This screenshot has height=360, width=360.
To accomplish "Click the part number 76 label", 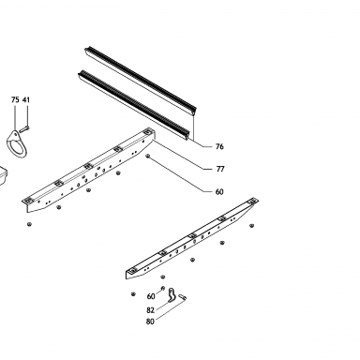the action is pos(219,146).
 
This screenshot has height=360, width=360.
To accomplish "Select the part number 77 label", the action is pos(220,169).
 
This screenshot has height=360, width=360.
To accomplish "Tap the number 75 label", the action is pos(15,99).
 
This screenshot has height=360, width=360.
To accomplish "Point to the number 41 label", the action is pos(26,99).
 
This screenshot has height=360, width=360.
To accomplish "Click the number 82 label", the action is pos(150,310).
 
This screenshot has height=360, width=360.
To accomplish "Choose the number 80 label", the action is pos(150,322).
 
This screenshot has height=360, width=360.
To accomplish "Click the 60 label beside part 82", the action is pos(151,296).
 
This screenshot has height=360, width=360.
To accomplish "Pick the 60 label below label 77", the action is pos(219,191).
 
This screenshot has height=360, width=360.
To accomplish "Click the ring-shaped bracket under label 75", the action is pos(16,144).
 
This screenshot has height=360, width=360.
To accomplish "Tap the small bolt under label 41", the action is pos(24,128).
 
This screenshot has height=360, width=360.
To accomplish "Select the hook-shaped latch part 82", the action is pos(171,295).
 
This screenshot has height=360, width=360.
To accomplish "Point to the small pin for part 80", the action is pos(182,297).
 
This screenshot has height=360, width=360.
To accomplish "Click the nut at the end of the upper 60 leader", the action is pos(148,156).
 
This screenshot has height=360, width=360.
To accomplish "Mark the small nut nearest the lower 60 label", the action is pos(162,288).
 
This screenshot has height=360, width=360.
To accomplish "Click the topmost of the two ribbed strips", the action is pos(141,80).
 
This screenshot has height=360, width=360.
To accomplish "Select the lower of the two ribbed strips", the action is pos(134,105).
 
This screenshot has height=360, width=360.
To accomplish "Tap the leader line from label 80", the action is pos(170,309).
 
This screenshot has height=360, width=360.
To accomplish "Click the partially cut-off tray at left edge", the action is pos(3,176).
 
